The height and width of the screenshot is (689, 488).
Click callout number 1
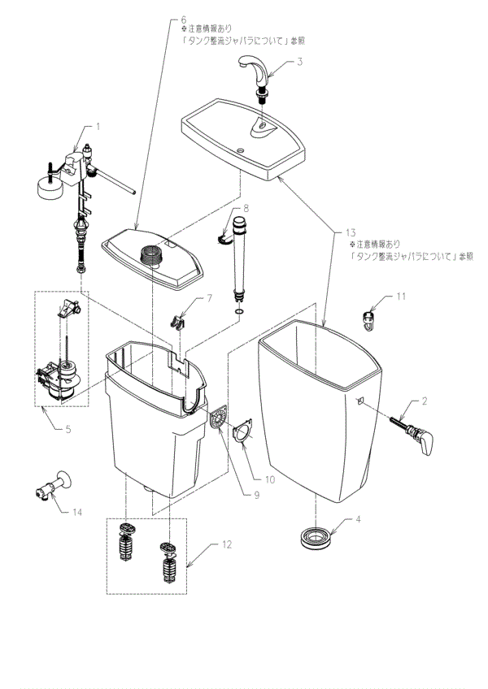click(98, 127)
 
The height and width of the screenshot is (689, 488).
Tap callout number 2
click(425, 401)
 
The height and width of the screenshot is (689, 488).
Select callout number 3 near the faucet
click(300, 62)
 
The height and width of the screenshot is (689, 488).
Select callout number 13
click(340, 234)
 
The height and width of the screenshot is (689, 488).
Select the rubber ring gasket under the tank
click(313, 538)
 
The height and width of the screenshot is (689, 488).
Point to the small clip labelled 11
click(371, 318)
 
